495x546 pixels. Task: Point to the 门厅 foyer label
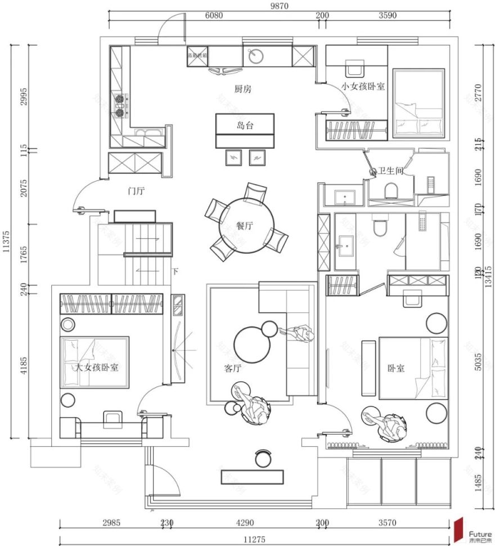[136, 191]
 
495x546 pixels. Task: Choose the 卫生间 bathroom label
[390, 171]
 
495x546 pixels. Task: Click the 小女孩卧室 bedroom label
[363, 87]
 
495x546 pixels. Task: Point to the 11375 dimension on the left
[7, 241]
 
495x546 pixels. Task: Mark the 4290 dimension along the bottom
[242, 523]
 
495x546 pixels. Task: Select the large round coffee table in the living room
[253, 345]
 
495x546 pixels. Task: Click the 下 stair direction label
[175, 272]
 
